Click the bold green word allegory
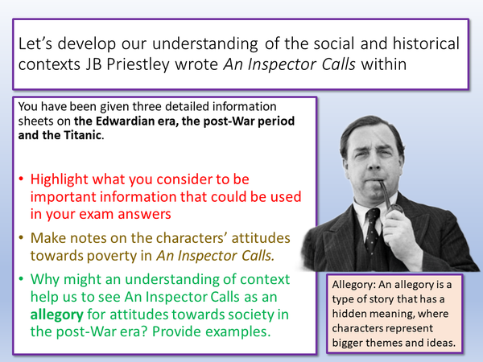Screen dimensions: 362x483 coord(59,315)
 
